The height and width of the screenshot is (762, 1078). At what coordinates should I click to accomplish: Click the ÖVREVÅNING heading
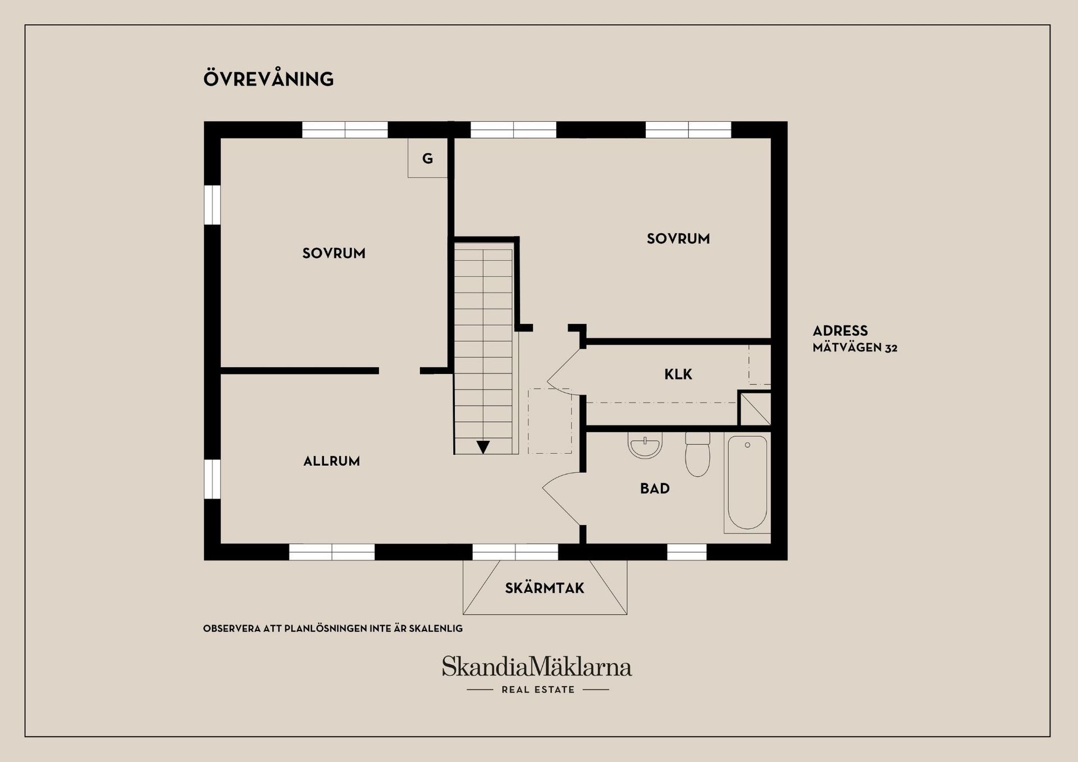[268, 79]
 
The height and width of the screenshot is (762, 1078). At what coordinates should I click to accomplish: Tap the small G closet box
[427, 158]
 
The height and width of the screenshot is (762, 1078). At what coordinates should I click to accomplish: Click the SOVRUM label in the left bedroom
[334, 253]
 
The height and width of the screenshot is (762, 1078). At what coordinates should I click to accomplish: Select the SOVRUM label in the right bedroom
[678, 239]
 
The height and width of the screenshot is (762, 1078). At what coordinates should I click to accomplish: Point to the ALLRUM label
[331, 461]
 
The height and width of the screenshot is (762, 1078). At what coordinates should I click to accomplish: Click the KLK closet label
[678, 375]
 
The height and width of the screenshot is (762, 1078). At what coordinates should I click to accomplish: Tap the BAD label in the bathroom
[655, 489]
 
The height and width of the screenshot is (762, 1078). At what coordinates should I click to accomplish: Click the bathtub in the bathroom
[747, 483]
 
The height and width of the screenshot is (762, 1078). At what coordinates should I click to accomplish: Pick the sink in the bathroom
[645, 446]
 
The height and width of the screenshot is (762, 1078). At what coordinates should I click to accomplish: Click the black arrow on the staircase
[483, 447]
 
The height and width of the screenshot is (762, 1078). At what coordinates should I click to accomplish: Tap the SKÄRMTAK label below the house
[544, 588]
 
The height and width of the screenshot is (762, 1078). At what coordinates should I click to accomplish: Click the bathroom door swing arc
[560, 498]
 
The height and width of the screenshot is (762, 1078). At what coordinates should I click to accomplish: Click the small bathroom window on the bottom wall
[686, 552]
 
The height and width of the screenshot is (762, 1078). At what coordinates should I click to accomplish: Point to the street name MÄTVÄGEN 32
[855, 348]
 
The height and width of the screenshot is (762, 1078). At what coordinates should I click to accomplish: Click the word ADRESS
[840, 331]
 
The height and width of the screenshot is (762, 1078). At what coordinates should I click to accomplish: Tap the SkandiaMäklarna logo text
[536, 667]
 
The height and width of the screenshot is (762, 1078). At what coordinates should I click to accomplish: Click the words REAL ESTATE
[538, 690]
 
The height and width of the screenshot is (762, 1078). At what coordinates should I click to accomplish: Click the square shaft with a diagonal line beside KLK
[755, 409]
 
